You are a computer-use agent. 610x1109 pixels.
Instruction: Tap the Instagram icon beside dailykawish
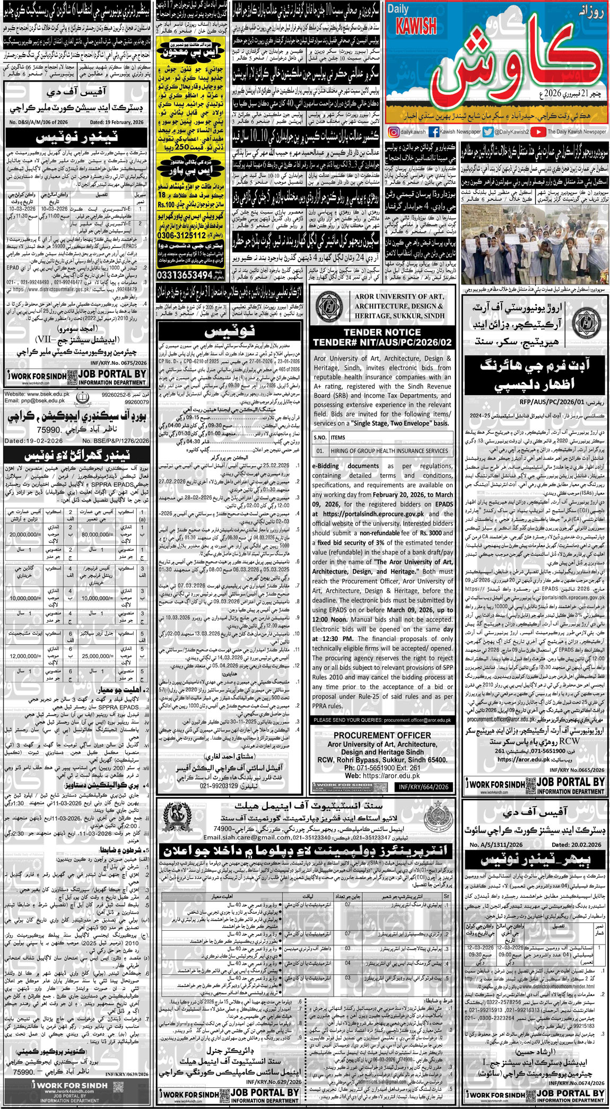pyautogui.click(x=393, y=132)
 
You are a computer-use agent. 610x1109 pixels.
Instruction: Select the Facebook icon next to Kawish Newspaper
pyautogui.click(x=433, y=132)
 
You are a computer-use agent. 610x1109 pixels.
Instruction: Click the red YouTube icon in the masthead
pyautogui.click(x=538, y=132)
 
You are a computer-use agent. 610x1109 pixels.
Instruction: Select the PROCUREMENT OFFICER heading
pyautogui.click(x=382, y=735)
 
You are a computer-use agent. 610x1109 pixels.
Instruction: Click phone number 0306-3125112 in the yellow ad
pyautogui.click(x=181, y=235)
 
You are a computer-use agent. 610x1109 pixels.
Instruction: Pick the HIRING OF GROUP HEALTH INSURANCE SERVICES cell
pyautogui.click(x=389, y=451)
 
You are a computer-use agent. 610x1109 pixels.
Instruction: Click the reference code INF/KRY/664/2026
pyautogui.click(x=424, y=787)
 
